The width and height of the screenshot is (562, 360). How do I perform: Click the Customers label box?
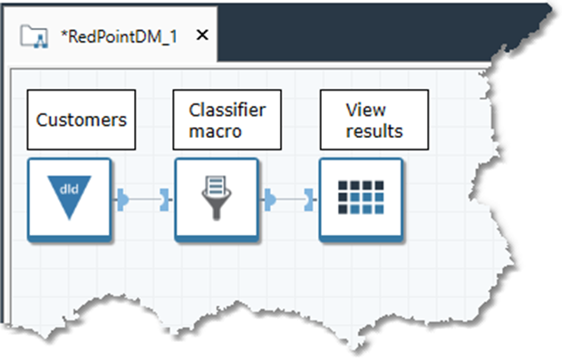81,120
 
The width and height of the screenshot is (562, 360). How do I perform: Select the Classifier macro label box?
227,120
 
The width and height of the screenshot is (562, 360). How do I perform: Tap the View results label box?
373,120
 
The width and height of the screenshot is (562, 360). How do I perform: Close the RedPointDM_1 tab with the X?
202,34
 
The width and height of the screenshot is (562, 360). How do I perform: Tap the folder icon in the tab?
35,35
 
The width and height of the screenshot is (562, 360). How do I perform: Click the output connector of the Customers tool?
122,197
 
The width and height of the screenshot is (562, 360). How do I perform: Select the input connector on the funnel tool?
165,197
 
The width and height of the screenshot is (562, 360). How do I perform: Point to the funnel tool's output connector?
269,197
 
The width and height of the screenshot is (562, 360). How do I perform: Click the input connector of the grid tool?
310,197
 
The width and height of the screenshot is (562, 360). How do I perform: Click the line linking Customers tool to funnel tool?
143,197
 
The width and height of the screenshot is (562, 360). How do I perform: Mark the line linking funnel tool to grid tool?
289,197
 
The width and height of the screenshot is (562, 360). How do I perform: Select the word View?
360,110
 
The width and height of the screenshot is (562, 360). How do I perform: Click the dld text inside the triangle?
69,190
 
